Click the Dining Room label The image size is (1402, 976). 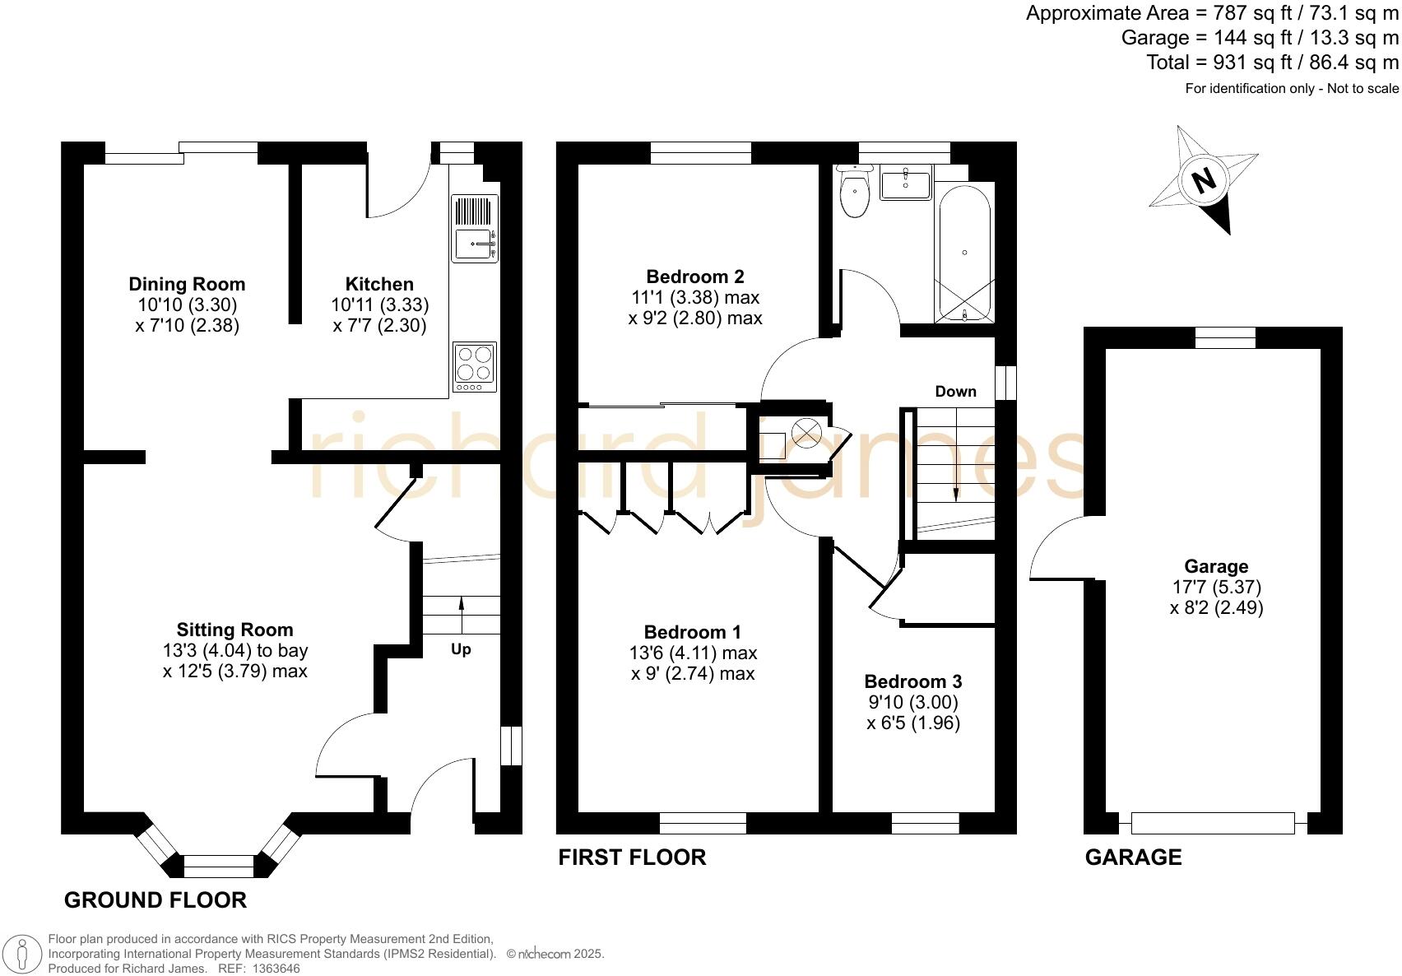(187, 284)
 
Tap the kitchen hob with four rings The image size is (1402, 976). (475, 366)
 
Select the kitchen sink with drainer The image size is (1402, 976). (475, 229)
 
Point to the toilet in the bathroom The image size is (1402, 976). (855, 193)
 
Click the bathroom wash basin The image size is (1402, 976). (905, 183)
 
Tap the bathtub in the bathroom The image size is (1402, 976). (964, 253)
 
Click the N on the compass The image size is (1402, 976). (1204, 179)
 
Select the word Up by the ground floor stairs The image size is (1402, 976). (461, 649)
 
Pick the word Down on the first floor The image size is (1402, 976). (955, 391)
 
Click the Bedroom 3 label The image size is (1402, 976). (912, 681)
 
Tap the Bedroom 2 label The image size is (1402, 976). (694, 277)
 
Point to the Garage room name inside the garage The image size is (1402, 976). (1216, 566)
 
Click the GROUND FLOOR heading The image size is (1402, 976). (156, 899)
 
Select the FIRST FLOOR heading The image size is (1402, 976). (632, 857)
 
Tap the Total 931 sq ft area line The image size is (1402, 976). (1272, 62)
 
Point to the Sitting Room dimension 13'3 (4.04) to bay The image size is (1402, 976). (235, 650)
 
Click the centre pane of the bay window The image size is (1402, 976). (219, 866)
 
